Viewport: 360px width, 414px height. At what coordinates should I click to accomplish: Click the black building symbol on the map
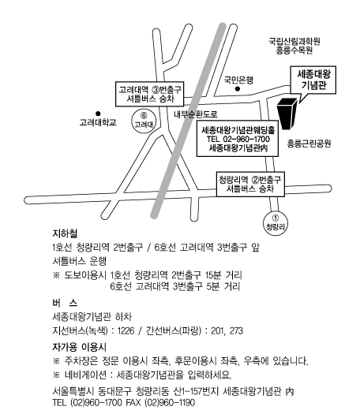287,114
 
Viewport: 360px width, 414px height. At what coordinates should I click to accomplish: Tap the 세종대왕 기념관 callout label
313,80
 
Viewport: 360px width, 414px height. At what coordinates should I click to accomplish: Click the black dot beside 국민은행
238,89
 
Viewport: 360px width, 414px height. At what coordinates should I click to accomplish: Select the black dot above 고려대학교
98,114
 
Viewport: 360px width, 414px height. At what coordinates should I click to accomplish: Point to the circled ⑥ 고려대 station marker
144,121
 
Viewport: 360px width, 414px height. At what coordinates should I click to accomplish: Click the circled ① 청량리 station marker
276,223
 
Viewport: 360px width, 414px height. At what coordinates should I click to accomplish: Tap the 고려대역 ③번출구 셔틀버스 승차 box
149,94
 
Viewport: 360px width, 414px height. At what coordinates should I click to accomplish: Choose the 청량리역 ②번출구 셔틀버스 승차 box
250,185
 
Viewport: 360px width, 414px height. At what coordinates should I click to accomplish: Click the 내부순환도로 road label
196,114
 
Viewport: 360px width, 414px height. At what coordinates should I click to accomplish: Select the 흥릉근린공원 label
309,144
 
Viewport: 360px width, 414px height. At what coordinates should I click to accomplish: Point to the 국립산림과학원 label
294,41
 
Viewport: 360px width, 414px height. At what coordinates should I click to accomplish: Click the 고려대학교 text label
98,122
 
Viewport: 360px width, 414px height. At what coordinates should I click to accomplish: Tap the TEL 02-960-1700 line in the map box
238,139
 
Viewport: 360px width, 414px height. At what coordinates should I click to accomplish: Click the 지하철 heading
65,233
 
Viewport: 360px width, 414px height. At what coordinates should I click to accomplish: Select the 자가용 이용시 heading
79,347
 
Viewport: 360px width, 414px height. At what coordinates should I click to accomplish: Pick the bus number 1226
126,330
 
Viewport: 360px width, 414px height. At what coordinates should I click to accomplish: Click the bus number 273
236,330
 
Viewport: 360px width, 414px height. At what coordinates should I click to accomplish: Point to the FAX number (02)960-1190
170,402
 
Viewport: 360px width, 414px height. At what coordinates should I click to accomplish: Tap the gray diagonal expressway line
188,121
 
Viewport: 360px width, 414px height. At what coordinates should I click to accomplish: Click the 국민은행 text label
238,80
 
